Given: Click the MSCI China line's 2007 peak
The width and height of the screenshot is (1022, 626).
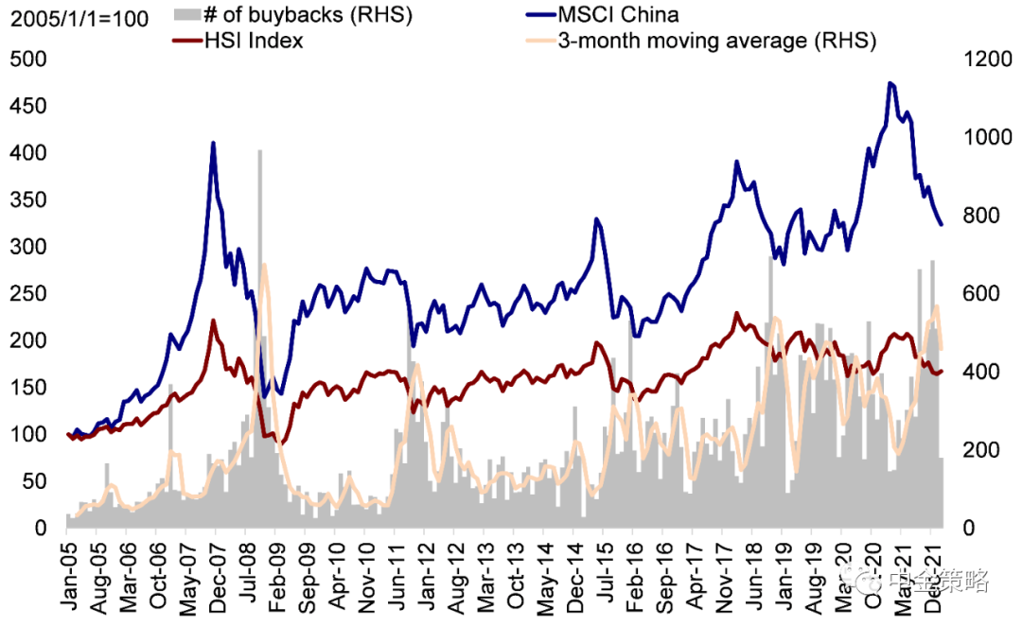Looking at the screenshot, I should (213, 143).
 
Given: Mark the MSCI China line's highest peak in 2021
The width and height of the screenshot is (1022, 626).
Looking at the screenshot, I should (890, 83).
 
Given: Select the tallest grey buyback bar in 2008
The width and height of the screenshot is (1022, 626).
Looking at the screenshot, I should (260, 151).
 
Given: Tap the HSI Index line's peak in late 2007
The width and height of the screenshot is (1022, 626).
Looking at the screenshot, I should (213, 321).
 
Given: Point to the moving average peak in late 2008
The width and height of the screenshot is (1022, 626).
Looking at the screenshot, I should (263, 266).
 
